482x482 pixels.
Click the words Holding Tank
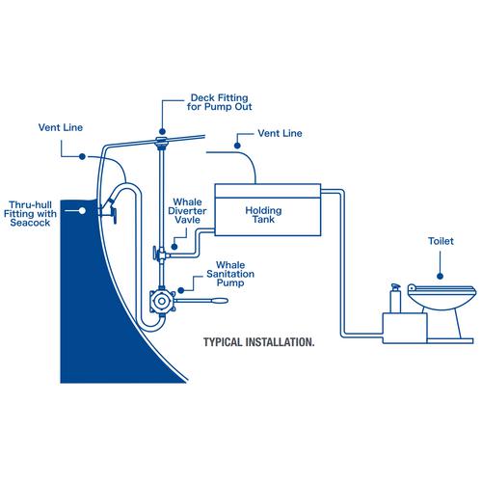261,214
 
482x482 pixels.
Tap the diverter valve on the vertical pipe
154,255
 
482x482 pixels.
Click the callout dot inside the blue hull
86,206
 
